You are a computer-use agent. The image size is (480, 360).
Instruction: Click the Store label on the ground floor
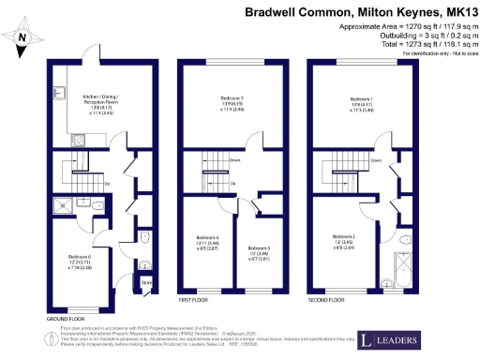[145, 279]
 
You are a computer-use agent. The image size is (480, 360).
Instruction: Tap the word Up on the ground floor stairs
[108, 183]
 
